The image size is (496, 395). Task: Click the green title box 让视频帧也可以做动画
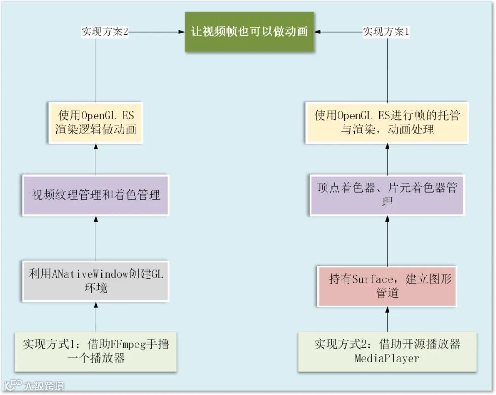[x=249, y=32]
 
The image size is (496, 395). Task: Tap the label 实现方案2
[x=104, y=32]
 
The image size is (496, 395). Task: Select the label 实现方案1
[x=386, y=32]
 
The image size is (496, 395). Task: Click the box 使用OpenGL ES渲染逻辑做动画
[x=96, y=122]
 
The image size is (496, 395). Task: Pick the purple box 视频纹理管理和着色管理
[x=96, y=195]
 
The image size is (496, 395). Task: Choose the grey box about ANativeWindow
[x=96, y=281]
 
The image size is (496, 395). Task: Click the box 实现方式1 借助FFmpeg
[x=96, y=351]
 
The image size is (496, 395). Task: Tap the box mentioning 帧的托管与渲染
[x=387, y=122]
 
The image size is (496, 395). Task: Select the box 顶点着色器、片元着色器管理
[x=387, y=195]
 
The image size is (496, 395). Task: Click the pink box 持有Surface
[x=387, y=285]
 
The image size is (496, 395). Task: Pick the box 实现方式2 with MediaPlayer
[x=387, y=351]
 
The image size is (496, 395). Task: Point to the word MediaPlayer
[x=387, y=358]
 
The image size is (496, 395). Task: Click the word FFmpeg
[x=128, y=344]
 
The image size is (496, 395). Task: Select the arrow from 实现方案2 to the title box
[x=156, y=32]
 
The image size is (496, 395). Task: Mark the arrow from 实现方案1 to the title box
[x=338, y=32]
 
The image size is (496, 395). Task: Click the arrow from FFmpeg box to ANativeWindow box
[x=96, y=317]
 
